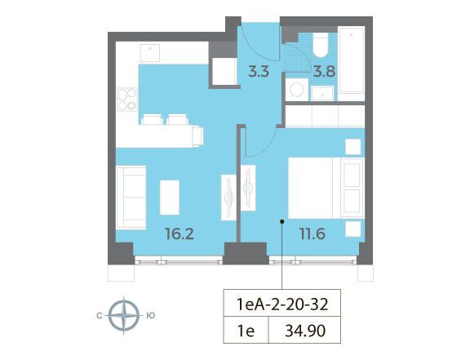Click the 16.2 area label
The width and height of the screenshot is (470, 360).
[x=180, y=233]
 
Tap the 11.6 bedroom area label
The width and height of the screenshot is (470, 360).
[x=313, y=233]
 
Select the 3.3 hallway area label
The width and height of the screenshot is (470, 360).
[x=259, y=72]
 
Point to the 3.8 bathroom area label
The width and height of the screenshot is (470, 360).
[x=324, y=72]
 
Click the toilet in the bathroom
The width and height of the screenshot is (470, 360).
[x=321, y=45]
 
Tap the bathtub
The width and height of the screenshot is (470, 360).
[x=351, y=64]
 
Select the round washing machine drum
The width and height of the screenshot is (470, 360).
[x=296, y=90]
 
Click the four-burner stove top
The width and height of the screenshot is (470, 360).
[x=127, y=100]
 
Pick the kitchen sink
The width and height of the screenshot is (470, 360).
[x=150, y=53]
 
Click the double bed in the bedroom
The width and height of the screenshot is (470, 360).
[x=326, y=188]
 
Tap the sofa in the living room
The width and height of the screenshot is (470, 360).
[x=131, y=198]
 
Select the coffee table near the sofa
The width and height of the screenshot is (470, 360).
[x=170, y=198]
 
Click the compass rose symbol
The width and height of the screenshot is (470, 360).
[x=124, y=315]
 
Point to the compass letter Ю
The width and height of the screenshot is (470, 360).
[x=151, y=316]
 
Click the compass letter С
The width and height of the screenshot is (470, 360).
[x=100, y=316]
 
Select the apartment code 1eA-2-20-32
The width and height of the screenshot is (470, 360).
[x=282, y=304]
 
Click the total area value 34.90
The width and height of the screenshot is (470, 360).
[x=305, y=331]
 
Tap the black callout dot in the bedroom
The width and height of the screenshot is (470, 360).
[x=282, y=222]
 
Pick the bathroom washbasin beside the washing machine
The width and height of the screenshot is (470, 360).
[x=322, y=93]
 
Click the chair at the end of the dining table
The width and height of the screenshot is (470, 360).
[x=197, y=136]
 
